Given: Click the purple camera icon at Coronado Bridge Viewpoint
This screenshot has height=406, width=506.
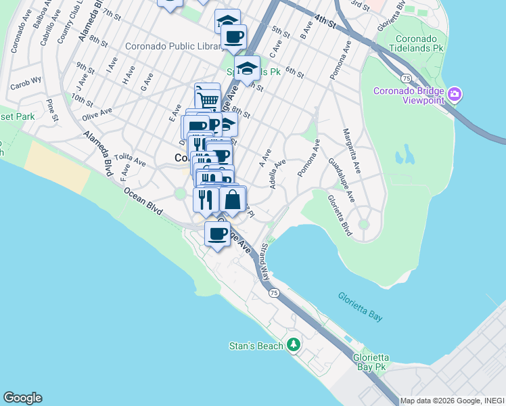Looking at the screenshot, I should (455, 93).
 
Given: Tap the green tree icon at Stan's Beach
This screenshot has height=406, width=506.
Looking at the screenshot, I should (293, 345).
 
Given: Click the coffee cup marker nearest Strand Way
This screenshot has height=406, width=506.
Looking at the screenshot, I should (217, 234).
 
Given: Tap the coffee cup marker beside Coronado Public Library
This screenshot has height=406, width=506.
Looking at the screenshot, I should (233, 37).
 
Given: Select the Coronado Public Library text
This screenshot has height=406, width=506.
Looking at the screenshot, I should (174, 47).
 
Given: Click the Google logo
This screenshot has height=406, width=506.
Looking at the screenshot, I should (22, 398).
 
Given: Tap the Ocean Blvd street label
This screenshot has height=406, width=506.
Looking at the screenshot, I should (143, 201).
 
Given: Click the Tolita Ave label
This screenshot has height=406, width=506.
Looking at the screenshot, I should (130, 160).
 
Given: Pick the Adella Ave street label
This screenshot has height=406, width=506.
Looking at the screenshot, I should (277, 174).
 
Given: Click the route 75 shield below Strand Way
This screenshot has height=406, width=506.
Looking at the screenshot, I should (273, 293).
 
